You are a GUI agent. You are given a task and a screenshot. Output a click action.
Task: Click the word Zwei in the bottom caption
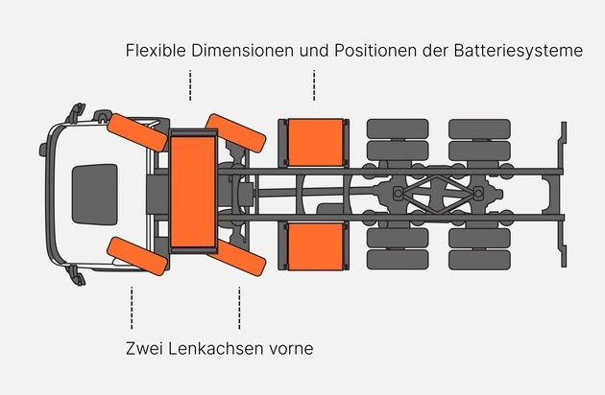point(144,348)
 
